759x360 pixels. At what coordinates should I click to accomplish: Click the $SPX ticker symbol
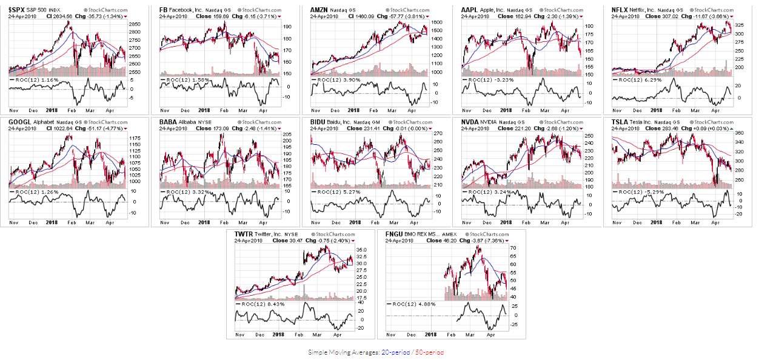click(16, 10)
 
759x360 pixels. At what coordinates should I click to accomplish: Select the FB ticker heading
click(164, 10)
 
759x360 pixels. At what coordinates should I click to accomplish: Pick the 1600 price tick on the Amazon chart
click(437, 22)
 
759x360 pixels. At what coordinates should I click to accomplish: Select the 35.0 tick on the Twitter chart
click(361, 250)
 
